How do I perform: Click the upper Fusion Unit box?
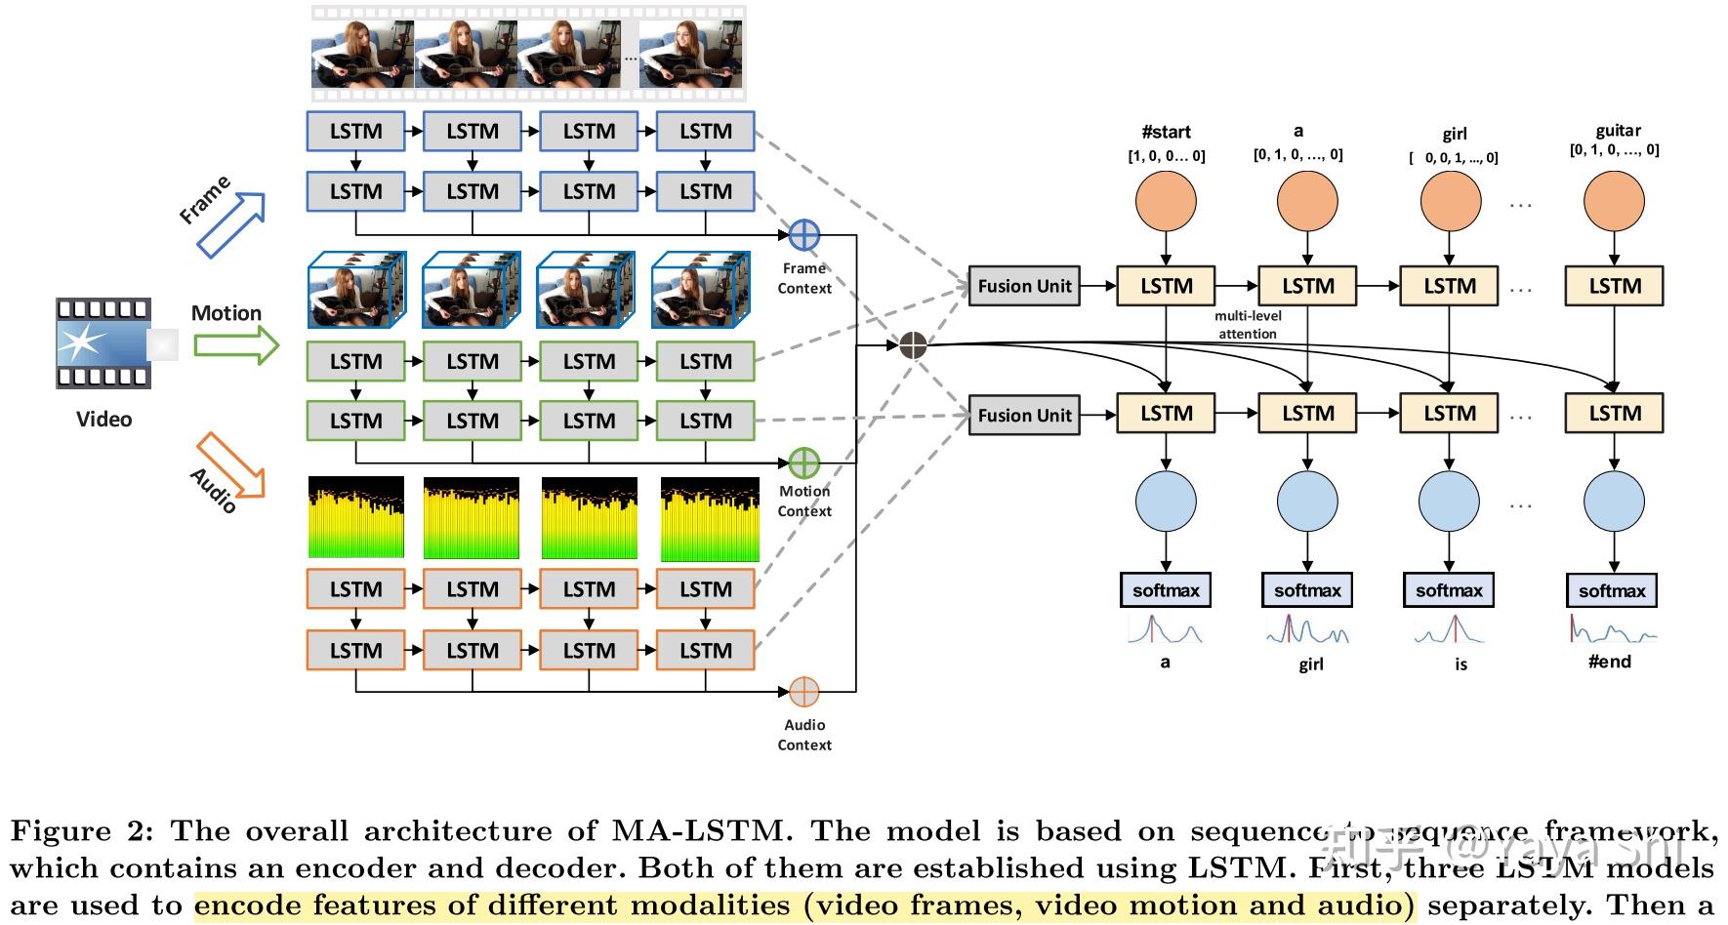click(1024, 286)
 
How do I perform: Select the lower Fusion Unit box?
click(1024, 415)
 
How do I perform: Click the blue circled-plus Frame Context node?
click(803, 235)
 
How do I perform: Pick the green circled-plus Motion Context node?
click(803, 463)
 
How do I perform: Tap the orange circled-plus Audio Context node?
click(803, 692)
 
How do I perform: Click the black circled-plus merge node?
click(912, 345)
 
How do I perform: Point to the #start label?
click(1166, 132)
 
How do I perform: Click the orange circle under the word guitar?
click(1614, 202)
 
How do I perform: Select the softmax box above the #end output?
click(1612, 590)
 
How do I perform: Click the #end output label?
click(1610, 662)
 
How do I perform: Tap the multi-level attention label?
click(1248, 325)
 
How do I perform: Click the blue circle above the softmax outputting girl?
click(1307, 502)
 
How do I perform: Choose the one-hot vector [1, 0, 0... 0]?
click(1167, 156)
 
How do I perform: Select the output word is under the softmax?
click(1461, 664)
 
